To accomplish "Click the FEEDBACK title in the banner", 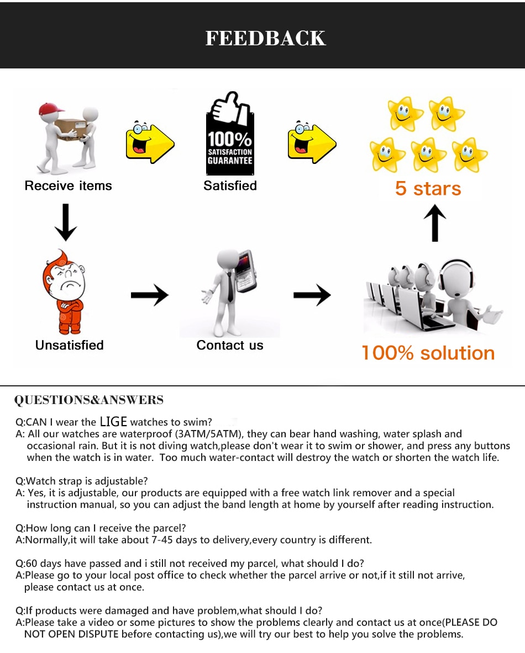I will (266, 38).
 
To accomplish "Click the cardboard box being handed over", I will (70, 128).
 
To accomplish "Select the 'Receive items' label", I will (69, 186).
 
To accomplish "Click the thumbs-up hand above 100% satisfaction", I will (227, 108).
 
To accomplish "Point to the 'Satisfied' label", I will (230, 186).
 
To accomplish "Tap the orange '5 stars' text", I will (428, 189).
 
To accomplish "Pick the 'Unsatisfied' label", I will (70, 346).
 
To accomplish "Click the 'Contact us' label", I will (230, 346).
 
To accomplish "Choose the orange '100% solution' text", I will (428, 353).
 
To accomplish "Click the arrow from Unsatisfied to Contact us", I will (149, 295).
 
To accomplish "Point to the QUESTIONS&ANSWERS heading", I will (89, 400).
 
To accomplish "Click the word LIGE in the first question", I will (113, 422).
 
